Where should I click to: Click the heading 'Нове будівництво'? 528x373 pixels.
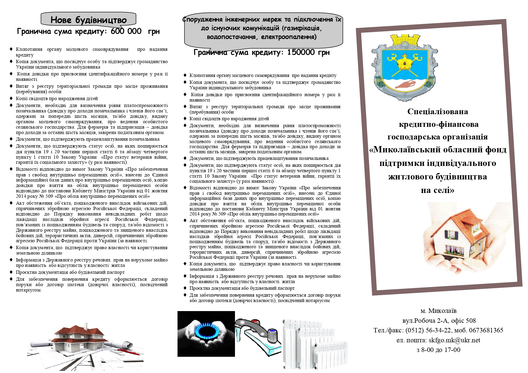(88, 20)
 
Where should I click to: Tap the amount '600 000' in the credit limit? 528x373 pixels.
(126, 31)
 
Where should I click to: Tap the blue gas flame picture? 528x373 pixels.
(206, 333)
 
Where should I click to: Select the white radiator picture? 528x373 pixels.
(314, 344)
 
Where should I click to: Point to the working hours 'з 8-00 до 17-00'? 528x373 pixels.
(438, 350)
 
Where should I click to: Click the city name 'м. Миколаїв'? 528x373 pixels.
(438, 311)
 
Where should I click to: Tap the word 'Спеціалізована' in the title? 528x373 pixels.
(437, 112)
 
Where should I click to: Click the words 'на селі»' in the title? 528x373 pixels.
(437, 190)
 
